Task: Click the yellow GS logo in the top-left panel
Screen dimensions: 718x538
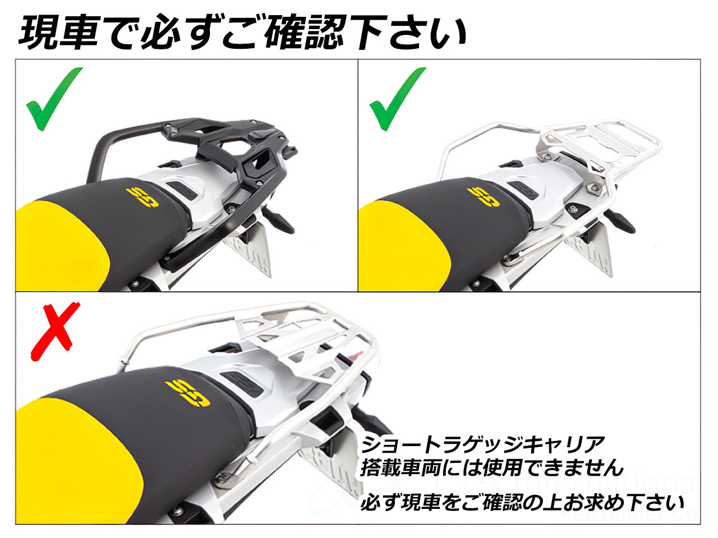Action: (142, 197)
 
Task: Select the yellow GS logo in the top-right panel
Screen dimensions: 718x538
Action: (485, 197)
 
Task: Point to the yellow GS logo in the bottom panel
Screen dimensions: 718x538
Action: (188, 393)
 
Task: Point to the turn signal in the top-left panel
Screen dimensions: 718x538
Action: (278, 220)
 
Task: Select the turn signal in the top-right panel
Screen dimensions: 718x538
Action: (619, 220)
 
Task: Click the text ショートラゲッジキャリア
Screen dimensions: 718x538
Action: (483, 444)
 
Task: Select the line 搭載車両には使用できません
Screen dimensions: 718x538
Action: (491, 468)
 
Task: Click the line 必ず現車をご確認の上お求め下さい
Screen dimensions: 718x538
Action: (522, 503)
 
